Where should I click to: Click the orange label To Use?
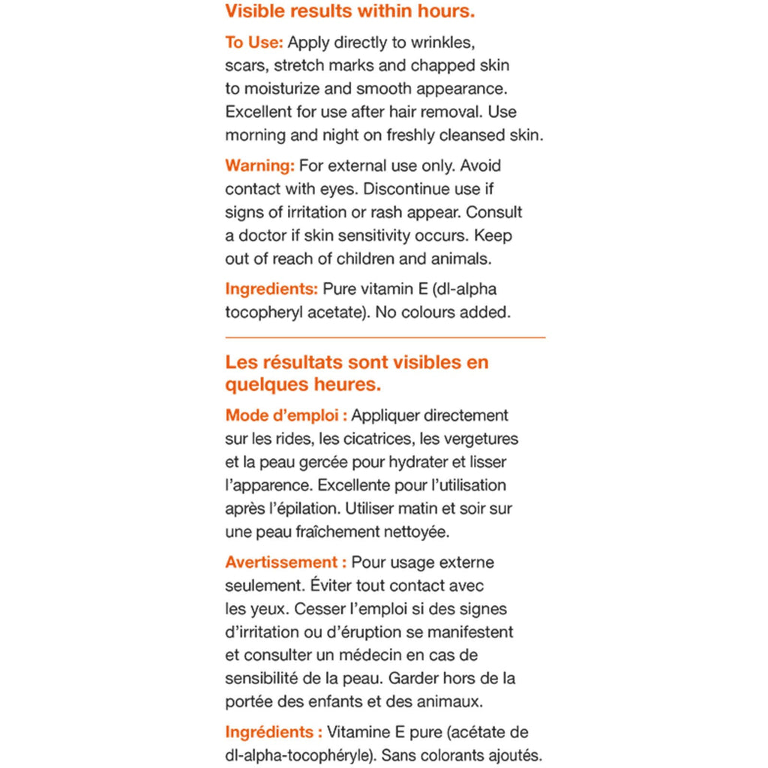(253, 42)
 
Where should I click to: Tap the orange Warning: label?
(259, 165)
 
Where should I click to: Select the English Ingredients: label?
(271, 289)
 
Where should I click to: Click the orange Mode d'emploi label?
(286, 415)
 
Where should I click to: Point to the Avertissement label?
(286, 562)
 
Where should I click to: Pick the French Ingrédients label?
(274, 732)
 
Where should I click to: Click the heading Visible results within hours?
(349, 12)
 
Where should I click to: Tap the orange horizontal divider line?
(385, 337)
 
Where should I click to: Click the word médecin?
(386, 655)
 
